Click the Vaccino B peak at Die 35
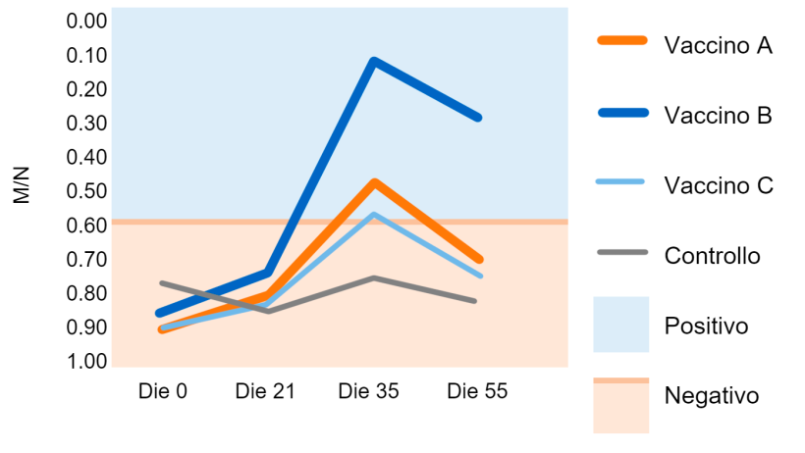[x=373, y=62]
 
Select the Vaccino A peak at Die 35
[x=374, y=183]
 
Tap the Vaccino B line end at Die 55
[x=479, y=117]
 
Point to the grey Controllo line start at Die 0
[x=162, y=283]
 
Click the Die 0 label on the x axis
[x=162, y=392]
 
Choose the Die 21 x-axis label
[x=265, y=392]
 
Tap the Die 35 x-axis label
[x=368, y=392]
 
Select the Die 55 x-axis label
[x=477, y=392]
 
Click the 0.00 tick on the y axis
[x=85, y=22]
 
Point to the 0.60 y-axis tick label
[x=85, y=226]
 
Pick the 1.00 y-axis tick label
[x=85, y=362]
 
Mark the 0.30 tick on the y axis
[x=85, y=124]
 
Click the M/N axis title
[x=23, y=185]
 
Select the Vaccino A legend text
[x=718, y=46]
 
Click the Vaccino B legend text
[x=718, y=116]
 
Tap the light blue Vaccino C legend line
[x=620, y=181]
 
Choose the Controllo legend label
[x=713, y=256]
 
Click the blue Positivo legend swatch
[x=620, y=325]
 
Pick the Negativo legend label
[x=712, y=396]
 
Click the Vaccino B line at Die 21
[x=267, y=272]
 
